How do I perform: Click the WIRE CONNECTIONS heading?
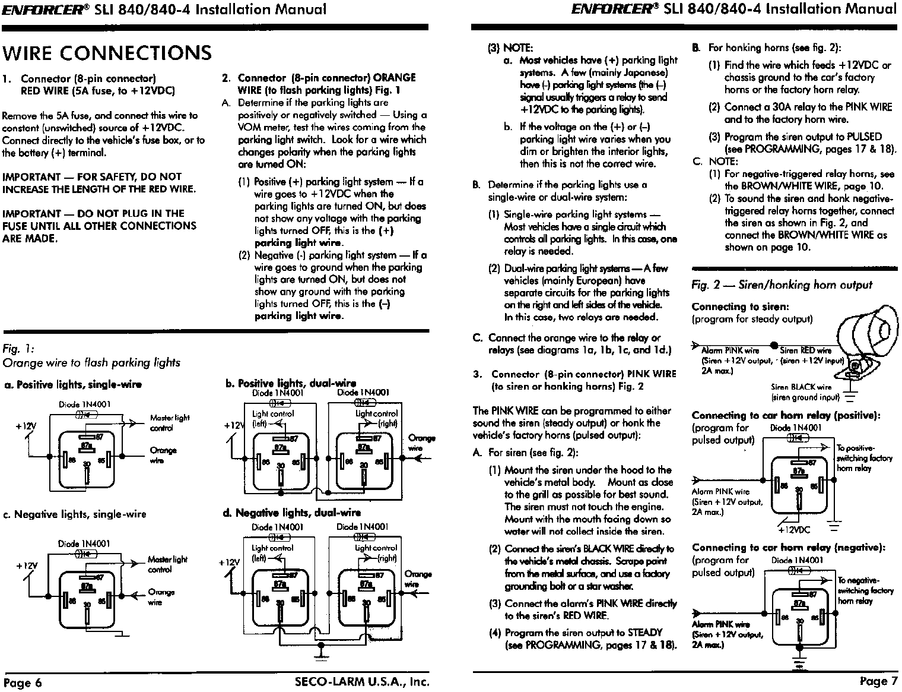[107, 53]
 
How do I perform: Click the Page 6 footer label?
[23, 682]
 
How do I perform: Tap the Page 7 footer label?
[878, 681]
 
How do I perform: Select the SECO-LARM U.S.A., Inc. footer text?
[361, 681]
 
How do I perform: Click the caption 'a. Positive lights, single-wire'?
[73, 384]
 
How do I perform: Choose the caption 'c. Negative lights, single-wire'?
[75, 514]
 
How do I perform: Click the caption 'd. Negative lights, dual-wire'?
[292, 513]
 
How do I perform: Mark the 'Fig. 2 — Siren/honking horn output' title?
[782, 285]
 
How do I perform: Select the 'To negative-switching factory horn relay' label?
[865, 590]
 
